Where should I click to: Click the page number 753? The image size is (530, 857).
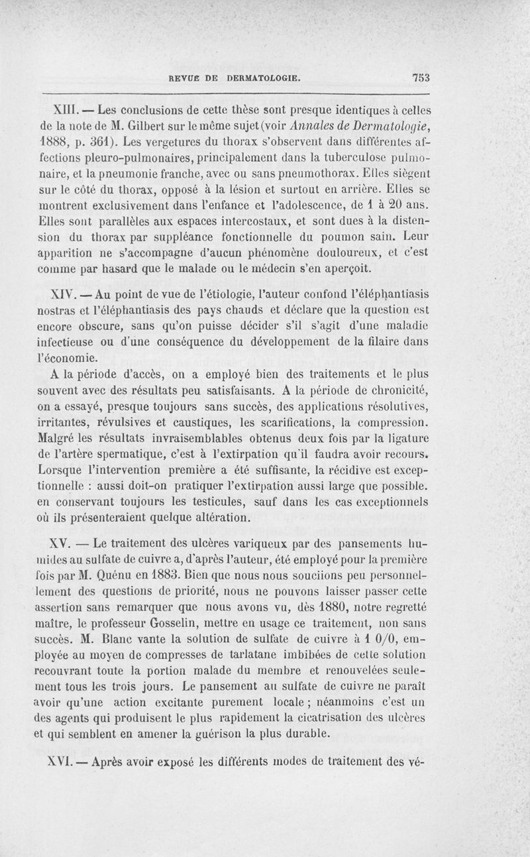tap(421, 77)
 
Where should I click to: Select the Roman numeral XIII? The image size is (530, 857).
tap(66, 107)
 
